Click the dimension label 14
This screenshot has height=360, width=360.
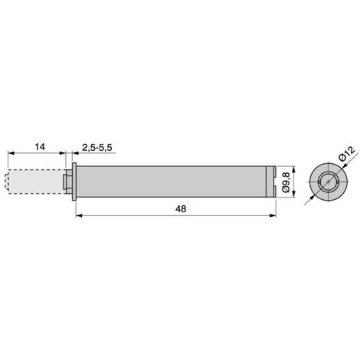[x=40, y=147]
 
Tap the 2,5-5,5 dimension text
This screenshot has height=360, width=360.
[x=97, y=148]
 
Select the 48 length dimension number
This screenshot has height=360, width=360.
[x=181, y=209]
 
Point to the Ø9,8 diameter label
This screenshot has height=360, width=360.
[x=286, y=182]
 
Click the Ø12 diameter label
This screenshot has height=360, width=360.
[x=346, y=153]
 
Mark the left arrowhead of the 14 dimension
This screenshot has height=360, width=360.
[x=11, y=153]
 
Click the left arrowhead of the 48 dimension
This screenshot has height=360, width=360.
[x=79, y=216]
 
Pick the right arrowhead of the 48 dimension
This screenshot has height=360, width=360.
[x=273, y=216]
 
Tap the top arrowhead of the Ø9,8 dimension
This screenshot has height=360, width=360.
[x=293, y=169]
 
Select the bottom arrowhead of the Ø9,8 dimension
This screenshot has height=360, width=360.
[x=293, y=194]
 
